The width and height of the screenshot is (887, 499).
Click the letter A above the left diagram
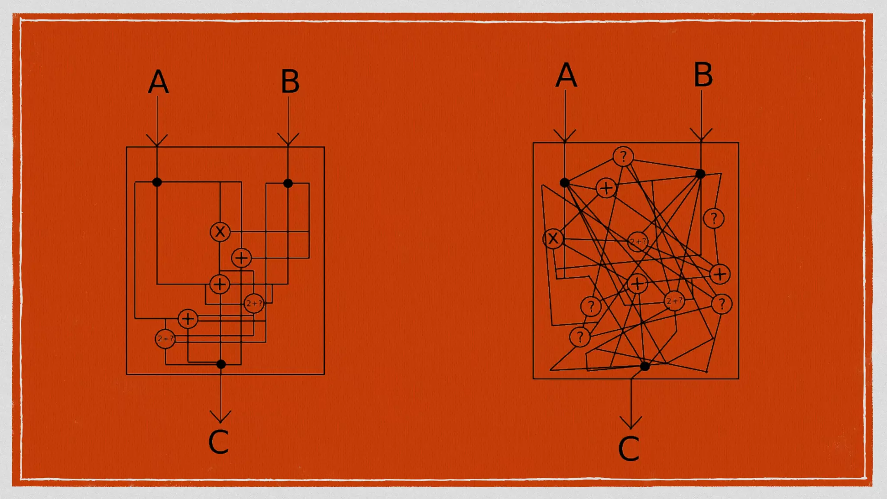tap(158, 82)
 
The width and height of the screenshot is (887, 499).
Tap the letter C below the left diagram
tap(218, 442)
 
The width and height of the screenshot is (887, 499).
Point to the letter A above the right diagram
tap(566, 75)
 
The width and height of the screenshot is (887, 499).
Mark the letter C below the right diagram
tap(628, 449)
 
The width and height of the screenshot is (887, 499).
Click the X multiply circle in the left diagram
tap(220, 232)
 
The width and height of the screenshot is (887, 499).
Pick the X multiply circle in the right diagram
tap(553, 239)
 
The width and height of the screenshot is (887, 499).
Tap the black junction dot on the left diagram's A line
tap(157, 182)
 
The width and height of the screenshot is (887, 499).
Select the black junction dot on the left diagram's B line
tap(288, 183)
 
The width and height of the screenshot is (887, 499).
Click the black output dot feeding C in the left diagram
tap(221, 364)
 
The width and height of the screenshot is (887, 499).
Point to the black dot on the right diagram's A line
tap(564, 183)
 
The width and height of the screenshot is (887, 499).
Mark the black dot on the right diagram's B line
tap(700, 174)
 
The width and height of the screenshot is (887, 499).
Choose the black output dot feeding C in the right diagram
tap(645, 366)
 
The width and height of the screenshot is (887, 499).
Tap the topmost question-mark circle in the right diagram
tap(623, 156)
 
